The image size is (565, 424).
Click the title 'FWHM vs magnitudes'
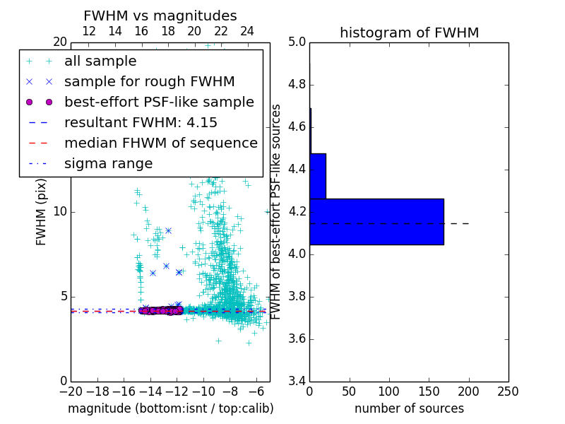pyautogui.click(x=160, y=16)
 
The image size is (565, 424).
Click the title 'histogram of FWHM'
pyautogui.click(x=409, y=33)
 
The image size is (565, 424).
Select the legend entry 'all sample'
pyautogui.click(x=100, y=61)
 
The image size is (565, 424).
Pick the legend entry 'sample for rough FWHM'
pyautogui.click(x=149, y=82)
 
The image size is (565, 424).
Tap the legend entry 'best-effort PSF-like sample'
pyautogui.click(x=159, y=102)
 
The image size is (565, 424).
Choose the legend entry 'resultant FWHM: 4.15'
pyautogui.click(x=141, y=123)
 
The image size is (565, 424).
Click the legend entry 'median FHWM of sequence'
pyautogui.click(x=160, y=143)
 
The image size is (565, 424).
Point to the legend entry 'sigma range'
pyautogui.click(x=108, y=164)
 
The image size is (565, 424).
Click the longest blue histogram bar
pyautogui.click(x=376, y=221)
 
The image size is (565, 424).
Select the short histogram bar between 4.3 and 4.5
pyautogui.click(x=318, y=176)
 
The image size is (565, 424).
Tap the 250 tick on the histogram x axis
pyautogui.click(x=508, y=391)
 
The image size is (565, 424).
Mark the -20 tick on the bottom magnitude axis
pyautogui.click(x=71, y=391)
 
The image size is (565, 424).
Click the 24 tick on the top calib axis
pyautogui.click(x=247, y=31)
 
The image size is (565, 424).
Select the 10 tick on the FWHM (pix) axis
pyautogui.click(x=59, y=211)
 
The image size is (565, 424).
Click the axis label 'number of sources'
pyautogui.click(x=409, y=408)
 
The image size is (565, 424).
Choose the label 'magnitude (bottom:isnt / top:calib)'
pyautogui.click(x=170, y=408)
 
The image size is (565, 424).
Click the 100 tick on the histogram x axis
pyautogui.click(x=389, y=391)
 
